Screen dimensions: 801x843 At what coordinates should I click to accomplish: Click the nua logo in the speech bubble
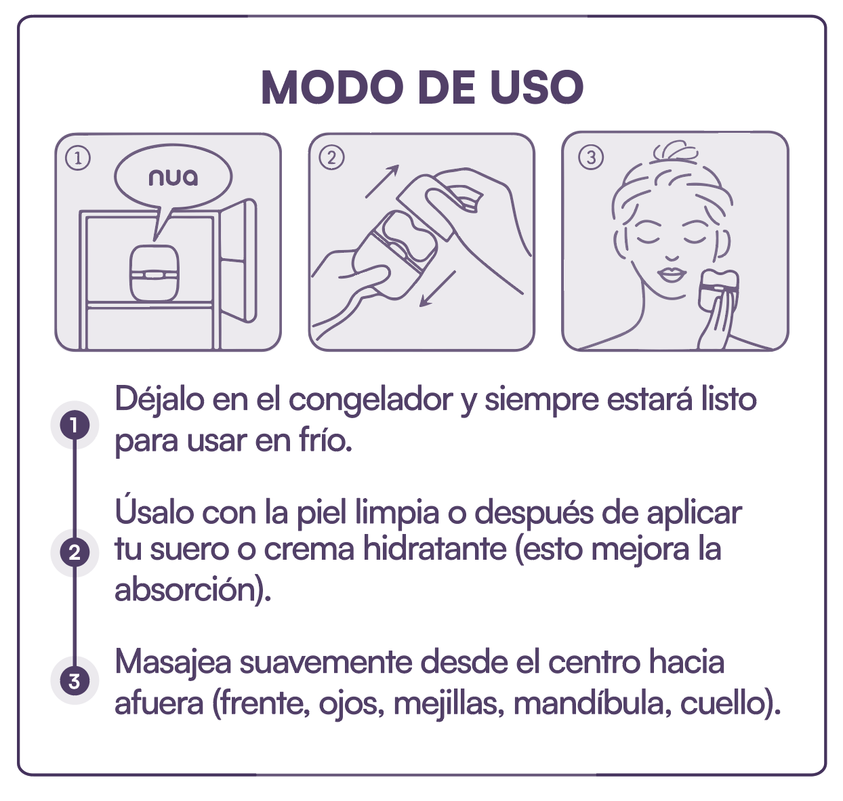point(173,178)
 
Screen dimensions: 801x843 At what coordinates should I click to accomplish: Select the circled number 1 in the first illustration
point(78,159)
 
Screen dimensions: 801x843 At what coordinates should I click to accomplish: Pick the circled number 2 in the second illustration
point(331,158)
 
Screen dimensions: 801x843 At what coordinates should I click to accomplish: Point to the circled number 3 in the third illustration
point(590,158)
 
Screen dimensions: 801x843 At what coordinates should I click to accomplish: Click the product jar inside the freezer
point(155,274)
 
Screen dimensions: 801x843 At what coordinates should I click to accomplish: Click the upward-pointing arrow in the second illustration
point(382,182)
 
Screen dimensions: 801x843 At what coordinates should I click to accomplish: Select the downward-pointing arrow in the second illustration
point(437,289)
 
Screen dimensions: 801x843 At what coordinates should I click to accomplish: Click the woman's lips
point(672,274)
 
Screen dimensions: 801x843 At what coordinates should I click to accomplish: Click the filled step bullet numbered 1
point(75,426)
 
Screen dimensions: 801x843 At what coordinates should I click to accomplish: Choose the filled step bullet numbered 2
point(75,552)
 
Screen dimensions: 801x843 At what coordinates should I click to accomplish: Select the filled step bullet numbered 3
point(75,680)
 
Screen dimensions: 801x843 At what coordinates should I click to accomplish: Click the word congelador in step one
point(372,400)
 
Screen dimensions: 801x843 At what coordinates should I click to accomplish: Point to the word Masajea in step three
point(173,662)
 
